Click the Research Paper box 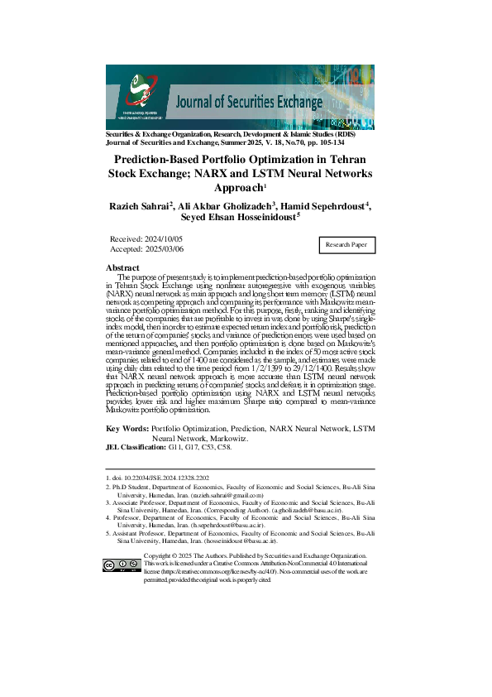(347, 245)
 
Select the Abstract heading (122, 267)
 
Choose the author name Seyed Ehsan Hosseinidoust (240, 219)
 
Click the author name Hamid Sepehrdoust (329, 206)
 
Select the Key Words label (128, 429)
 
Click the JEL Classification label (136, 446)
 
